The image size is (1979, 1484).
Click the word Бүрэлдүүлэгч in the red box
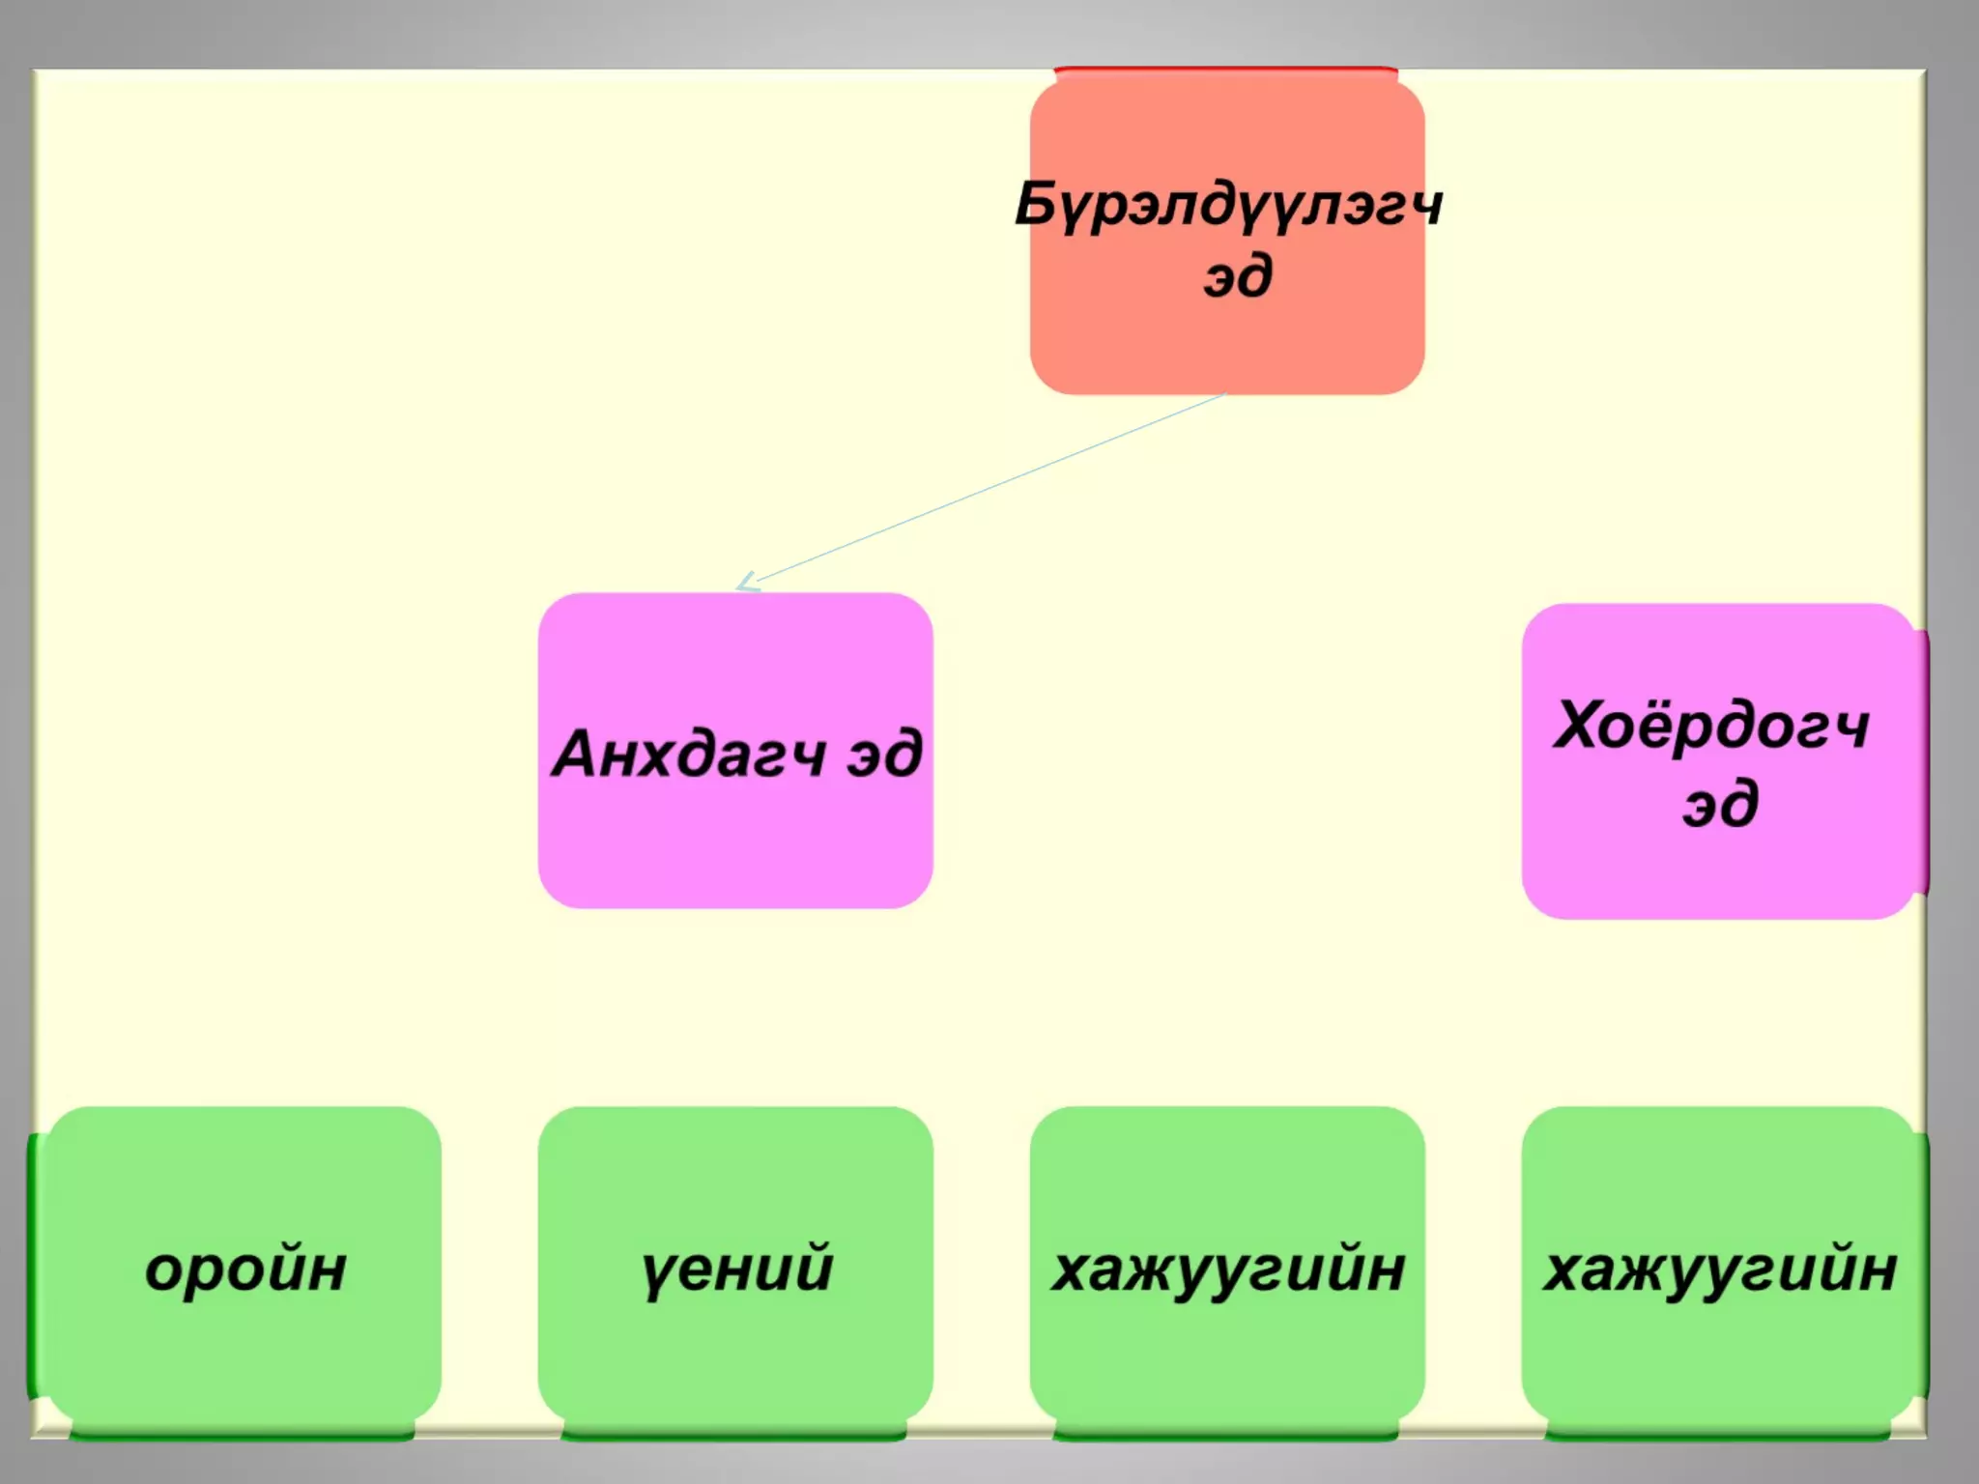(x=1228, y=206)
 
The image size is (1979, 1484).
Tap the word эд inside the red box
(x=1238, y=277)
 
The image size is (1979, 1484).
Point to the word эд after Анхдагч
(x=884, y=755)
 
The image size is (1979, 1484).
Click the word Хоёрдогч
(x=1711, y=726)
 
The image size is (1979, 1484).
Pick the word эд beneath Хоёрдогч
(x=1720, y=804)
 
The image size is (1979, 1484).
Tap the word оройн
(x=245, y=1269)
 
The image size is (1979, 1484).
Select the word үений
(x=736, y=1269)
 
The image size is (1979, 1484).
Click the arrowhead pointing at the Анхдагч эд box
(x=746, y=584)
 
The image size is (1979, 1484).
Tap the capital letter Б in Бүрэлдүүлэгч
(x=1036, y=204)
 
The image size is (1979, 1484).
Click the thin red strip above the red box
(x=1225, y=70)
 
